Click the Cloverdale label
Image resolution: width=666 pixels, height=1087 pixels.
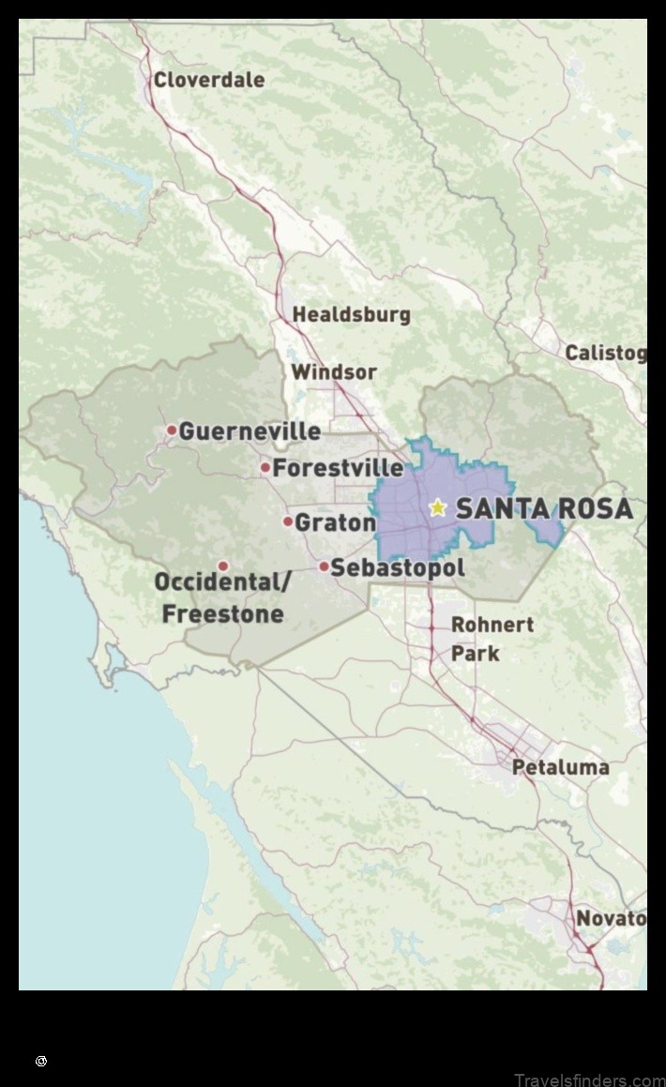point(208,80)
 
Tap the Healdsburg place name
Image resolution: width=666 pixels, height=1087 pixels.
point(351,314)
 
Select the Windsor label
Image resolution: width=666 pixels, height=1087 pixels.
point(333,372)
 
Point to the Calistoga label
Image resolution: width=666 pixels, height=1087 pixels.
point(605,354)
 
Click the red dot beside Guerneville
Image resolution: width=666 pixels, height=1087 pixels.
point(172,430)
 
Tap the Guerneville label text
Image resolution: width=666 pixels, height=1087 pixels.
point(250,431)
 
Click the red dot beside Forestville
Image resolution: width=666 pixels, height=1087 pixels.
point(265,467)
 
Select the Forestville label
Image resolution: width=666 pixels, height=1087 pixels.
point(338,467)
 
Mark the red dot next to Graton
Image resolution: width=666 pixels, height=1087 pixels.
point(288,521)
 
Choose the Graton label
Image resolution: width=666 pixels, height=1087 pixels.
point(335,522)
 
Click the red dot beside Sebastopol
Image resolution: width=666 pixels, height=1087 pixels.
point(324,566)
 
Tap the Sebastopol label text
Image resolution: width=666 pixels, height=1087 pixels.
point(398,567)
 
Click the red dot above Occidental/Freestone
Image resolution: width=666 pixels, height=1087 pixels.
point(223,566)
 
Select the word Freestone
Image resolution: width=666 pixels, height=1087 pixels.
point(222,614)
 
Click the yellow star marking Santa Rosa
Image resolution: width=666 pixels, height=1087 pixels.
point(437,507)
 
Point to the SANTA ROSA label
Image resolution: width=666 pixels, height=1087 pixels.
point(544,509)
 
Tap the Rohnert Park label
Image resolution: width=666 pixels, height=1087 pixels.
point(492,638)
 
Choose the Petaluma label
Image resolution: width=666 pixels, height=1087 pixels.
point(560,767)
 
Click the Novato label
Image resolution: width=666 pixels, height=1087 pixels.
point(610,918)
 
